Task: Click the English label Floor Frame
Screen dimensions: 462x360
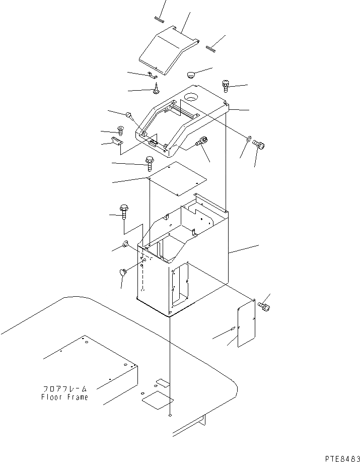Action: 64,397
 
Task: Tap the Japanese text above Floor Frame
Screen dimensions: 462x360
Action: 64,389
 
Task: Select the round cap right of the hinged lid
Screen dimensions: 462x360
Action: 191,75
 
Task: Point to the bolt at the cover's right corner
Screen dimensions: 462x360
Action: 226,86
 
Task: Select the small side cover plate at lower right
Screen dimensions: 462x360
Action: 247,322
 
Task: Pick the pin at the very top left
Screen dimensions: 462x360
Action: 159,21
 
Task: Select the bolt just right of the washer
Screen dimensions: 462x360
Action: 260,144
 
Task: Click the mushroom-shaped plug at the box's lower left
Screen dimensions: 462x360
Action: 123,273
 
